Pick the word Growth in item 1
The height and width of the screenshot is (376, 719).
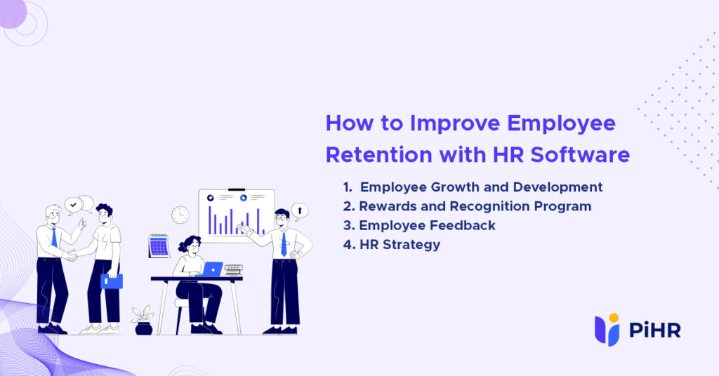point(456,187)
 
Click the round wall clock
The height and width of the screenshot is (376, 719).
point(180,215)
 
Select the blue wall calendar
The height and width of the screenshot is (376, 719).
point(159,246)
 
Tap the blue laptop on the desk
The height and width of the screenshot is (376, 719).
point(212,269)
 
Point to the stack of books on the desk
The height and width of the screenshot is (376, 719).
point(233,270)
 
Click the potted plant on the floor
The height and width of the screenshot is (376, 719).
point(143,320)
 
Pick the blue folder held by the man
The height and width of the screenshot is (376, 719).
point(112,281)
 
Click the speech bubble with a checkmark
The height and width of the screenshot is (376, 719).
point(73,205)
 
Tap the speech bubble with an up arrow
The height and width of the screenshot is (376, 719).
point(300,210)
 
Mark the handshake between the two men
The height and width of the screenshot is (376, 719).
point(70,256)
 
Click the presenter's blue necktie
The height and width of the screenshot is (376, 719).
point(284,243)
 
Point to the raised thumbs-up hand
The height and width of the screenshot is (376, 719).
point(83,224)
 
